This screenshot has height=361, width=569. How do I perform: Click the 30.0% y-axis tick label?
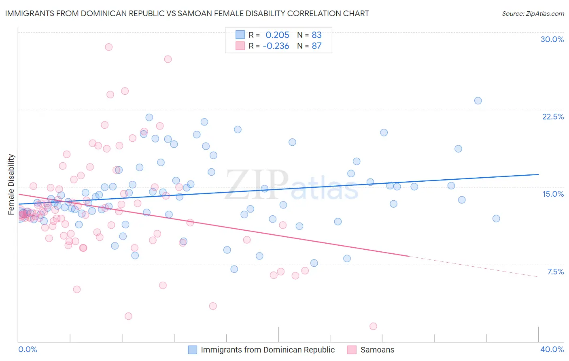pyautogui.click(x=552, y=39)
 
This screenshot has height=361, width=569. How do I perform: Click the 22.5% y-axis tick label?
pyautogui.click(x=553, y=117)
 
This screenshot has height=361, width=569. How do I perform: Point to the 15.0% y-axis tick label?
pyautogui.click(x=553, y=194)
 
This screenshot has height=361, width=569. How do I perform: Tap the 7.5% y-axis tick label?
pyautogui.click(x=555, y=272)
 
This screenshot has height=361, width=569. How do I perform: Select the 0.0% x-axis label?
pyautogui.click(x=28, y=349)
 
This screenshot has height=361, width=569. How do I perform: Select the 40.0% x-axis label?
pyautogui.click(x=552, y=349)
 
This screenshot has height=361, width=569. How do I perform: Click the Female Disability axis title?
pyautogui.click(x=11, y=184)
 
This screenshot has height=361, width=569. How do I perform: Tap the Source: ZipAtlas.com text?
pyautogui.click(x=533, y=13)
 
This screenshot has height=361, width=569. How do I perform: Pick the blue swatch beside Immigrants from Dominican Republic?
pyautogui.click(x=193, y=350)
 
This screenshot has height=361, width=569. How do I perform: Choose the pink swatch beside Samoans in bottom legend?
pyautogui.click(x=352, y=350)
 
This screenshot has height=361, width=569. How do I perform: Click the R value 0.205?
pyautogui.click(x=277, y=35)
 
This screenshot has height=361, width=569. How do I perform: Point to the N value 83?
pyautogui.click(x=316, y=35)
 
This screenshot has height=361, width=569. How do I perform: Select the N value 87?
pyautogui.click(x=316, y=46)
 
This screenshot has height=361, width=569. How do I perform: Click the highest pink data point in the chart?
pyautogui.click(x=108, y=47)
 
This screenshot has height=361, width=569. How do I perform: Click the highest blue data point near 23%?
pyautogui.click(x=478, y=101)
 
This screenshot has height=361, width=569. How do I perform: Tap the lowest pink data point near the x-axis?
pyautogui.click(x=373, y=326)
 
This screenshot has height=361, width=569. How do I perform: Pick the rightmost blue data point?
pyautogui.click(x=496, y=219)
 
